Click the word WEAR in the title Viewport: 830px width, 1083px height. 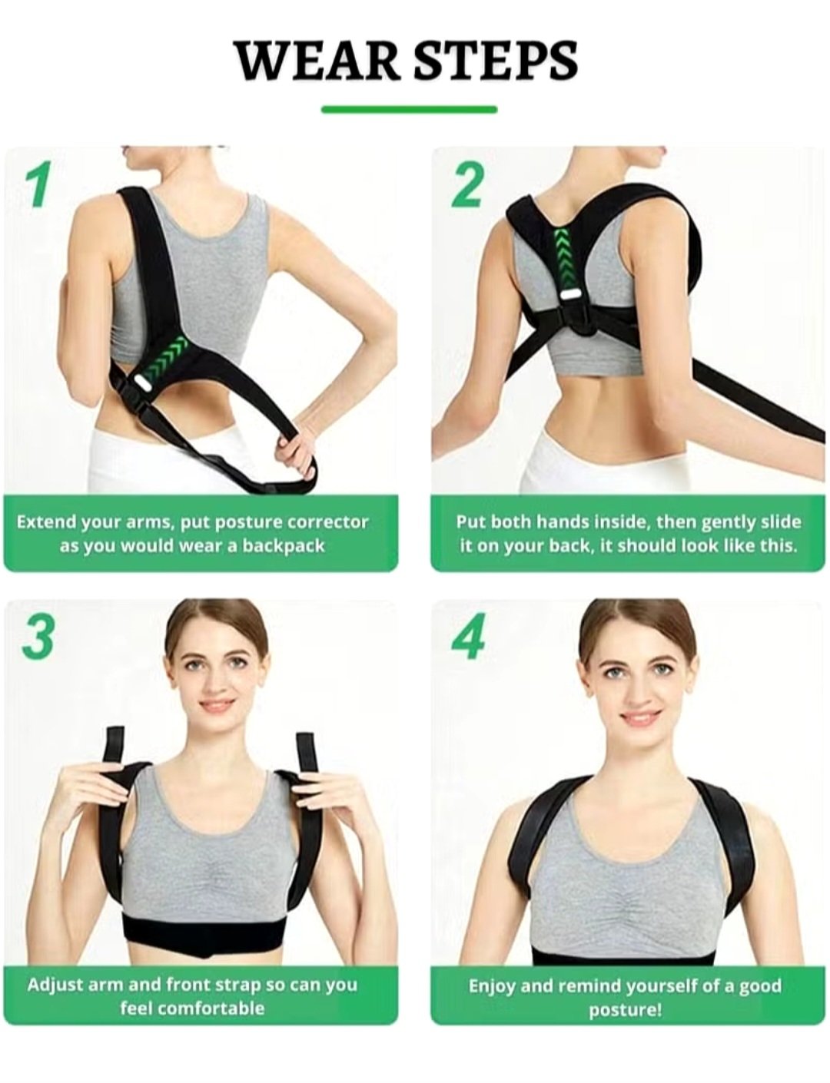click(x=317, y=61)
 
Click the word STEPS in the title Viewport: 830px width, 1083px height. click(x=496, y=61)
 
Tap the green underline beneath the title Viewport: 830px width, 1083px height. click(x=410, y=109)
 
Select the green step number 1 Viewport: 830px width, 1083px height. click(x=41, y=185)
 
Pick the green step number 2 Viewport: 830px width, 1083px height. click(x=467, y=185)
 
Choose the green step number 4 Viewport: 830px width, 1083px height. click(x=467, y=638)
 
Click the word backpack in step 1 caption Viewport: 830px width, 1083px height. click(x=283, y=547)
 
